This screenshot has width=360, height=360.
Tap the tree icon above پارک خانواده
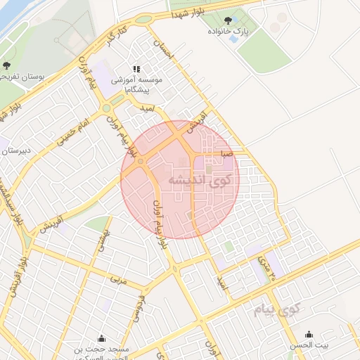tap(230, 20)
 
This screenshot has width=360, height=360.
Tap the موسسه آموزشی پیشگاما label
tap(136, 85)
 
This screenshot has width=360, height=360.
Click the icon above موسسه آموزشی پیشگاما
tap(136, 70)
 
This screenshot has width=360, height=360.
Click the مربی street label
tap(116, 280)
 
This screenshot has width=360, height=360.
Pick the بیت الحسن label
tap(311, 346)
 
